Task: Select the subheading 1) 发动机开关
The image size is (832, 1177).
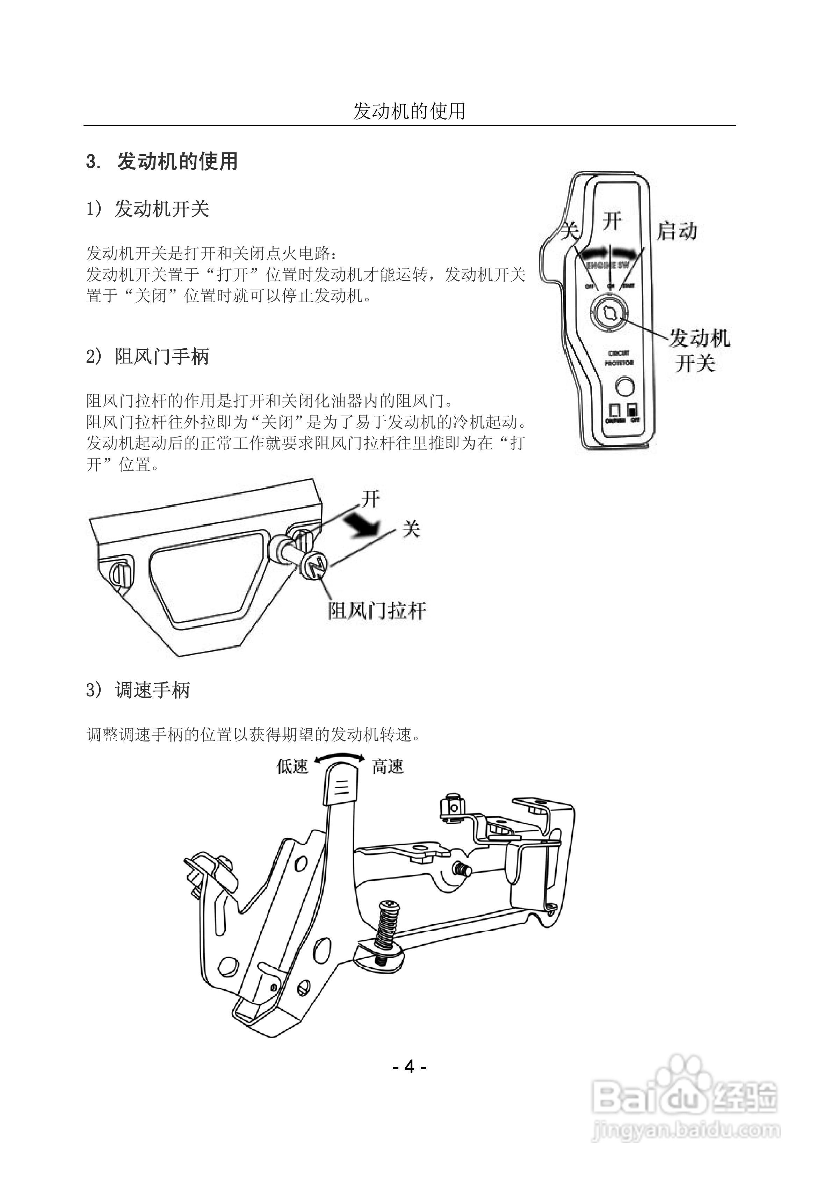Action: [148, 209]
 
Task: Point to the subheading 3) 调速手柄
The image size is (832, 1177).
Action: [138, 690]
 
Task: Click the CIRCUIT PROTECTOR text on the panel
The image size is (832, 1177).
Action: [619, 358]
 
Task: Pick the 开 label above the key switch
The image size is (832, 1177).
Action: [612, 222]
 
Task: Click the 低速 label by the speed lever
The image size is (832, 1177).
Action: [292, 766]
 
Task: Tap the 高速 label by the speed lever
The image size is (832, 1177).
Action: [388, 767]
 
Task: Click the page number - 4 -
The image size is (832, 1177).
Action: [409, 1066]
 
